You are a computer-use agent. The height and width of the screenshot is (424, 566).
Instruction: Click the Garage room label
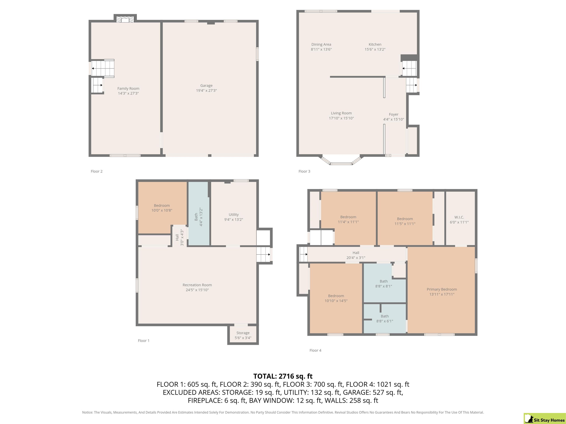tap(206, 86)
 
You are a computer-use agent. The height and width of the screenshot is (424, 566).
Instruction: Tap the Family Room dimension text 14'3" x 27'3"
tap(128, 93)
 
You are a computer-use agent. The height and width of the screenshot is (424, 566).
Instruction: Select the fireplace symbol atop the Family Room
tap(125, 20)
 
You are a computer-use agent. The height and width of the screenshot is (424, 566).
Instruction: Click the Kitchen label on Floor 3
tap(375, 45)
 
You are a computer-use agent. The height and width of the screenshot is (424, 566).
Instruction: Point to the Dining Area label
tap(321, 45)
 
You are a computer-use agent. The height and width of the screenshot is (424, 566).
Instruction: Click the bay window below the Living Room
tap(341, 160)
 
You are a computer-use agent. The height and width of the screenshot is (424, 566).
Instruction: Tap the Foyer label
tap(394, 114)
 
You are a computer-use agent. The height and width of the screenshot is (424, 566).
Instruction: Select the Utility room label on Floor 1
tap(234, 215)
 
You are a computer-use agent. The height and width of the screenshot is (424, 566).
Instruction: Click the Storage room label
tap(243, 333)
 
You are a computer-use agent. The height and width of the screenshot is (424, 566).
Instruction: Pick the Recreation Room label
tap(197, 285)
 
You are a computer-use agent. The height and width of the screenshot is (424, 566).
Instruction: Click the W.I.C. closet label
tap(459, 217)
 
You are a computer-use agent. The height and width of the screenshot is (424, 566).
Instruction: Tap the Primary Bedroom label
tap(442, 289)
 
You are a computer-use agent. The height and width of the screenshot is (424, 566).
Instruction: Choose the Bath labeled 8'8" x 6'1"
tap(385, 319)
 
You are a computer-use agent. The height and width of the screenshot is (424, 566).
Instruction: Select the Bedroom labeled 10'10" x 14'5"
tap(336, 298)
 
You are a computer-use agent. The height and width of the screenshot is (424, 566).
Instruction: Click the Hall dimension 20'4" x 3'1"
tap(356, 258)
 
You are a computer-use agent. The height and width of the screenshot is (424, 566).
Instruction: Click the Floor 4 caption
tap(315, 350)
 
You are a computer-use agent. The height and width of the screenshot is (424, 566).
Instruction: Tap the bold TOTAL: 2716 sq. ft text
tap(283, 376)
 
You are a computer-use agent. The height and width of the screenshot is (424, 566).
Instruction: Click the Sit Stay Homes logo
tap(544, 418)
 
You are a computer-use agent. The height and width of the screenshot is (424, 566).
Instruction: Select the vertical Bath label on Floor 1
tap(196, 217)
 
